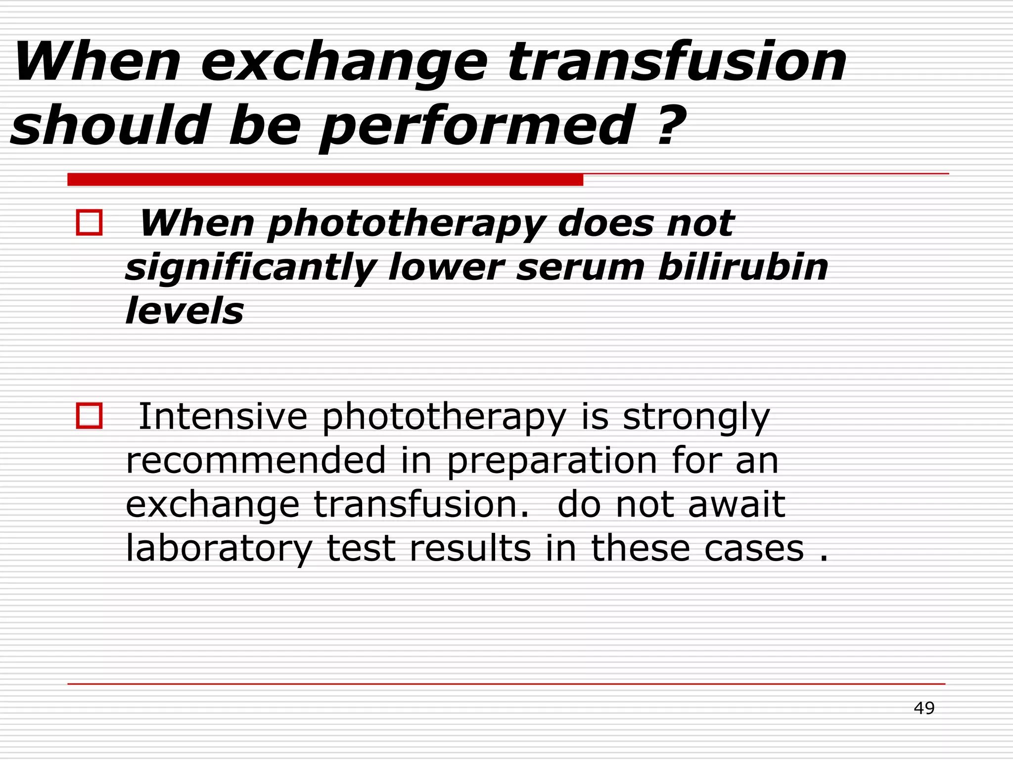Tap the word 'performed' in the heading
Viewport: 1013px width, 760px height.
(x=477, y=127)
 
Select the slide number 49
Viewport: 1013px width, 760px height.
(x=924, y=708)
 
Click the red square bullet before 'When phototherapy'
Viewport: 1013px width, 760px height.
(x=90, y=223)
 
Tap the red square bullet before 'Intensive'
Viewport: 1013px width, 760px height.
(x=90, y=416)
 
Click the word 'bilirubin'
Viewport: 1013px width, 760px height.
(x=743, y=267)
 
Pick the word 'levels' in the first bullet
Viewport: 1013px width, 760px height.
(x=184, y=311)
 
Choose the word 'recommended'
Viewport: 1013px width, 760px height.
(x=256, y=460)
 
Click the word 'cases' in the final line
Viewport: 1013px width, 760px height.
(x=754, y=549)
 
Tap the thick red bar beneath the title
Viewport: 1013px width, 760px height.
(x=325, y=180)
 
